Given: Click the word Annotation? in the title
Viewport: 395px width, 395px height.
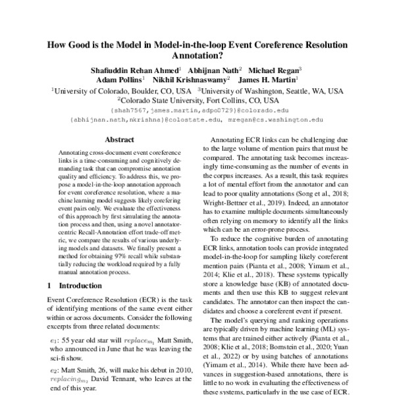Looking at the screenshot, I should tap(197, 57).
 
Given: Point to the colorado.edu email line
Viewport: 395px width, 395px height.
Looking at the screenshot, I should tap(197, 111).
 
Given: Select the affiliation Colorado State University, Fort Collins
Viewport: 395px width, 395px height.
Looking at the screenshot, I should tap(197, 101).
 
